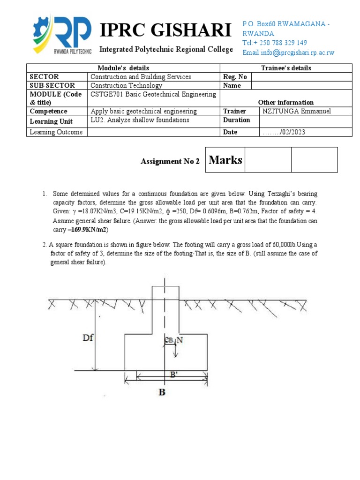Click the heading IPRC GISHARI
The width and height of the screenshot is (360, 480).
coord(166,31)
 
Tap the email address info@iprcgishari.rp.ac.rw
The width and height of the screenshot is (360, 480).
coord(288,52)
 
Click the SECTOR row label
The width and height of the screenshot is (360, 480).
coord(45,77)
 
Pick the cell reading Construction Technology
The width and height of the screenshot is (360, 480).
coord(126,86)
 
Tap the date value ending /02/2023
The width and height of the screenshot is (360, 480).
coord(285,132)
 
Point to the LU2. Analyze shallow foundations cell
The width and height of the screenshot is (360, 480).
coord(140,120)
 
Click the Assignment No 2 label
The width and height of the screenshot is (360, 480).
coord(170,161)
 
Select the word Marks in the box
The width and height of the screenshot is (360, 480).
coord(225,160)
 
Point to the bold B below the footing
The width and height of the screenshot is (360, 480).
coord(162,392)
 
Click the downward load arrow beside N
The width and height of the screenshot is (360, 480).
coord(175,350)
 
